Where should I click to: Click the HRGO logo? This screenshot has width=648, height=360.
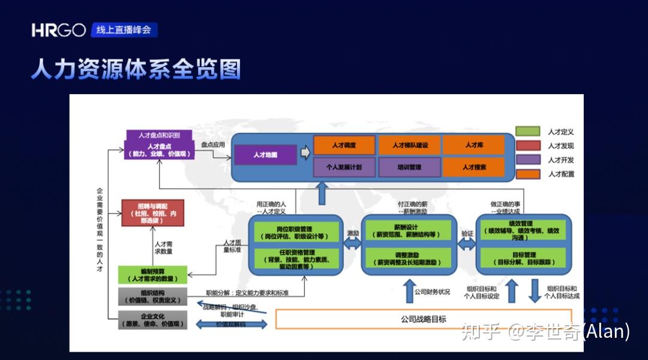click(59, 30)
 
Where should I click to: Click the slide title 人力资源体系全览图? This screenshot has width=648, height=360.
click(136, 69)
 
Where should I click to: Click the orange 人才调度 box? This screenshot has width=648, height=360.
click(344, 145)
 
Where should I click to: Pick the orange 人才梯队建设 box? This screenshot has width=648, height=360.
click(409, 145)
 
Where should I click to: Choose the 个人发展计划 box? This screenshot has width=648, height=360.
click(344, 167)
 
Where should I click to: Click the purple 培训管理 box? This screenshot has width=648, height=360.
click(409, 167)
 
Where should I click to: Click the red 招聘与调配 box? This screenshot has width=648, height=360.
click(152, 213)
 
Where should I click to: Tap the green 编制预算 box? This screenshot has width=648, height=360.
click(152, 275)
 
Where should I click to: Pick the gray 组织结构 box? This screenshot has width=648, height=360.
click(152, 297)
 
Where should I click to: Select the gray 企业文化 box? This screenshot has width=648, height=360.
click(152, 320)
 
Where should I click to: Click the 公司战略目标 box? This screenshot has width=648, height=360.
click(423, 319)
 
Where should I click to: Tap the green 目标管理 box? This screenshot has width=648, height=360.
click(523, 258)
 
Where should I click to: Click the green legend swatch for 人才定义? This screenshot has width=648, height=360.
click(527, 131)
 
